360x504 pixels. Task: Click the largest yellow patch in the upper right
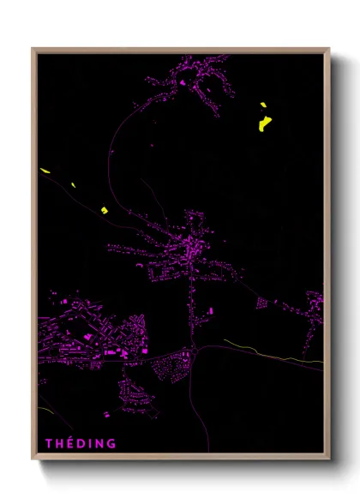tap(264, 125)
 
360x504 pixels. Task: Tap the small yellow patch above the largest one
tap(263, 106)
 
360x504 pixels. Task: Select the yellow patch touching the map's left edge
tap(45, 171)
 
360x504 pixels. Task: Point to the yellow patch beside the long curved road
tap(104, 209)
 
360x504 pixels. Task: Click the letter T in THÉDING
tap(49, 443)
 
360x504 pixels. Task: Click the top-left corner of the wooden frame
tap(33, 49)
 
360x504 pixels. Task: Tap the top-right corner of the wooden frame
tap(329, 49)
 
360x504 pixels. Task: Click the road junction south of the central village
tap(196, 347)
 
